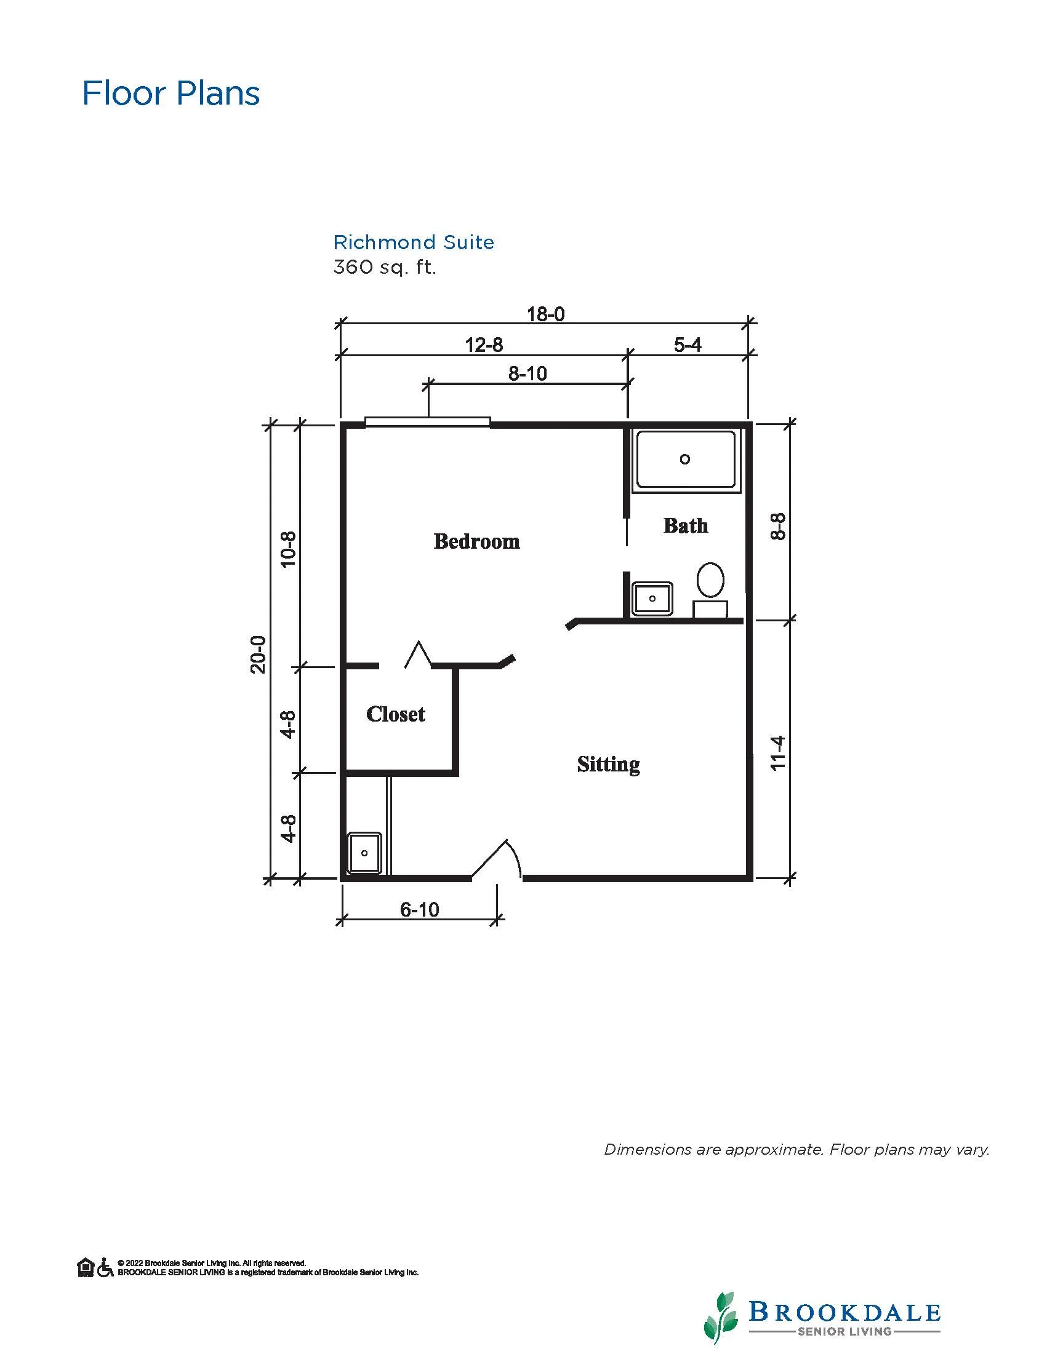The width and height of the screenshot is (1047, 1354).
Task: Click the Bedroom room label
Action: [x=476, y=541]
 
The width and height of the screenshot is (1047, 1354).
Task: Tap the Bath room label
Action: [x=686, y=526]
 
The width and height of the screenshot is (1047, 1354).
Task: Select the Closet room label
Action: [x=396, y=714]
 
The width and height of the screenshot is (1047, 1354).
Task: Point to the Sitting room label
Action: [x=608, y=765]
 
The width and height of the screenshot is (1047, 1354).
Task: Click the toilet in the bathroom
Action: [x=710, y=589]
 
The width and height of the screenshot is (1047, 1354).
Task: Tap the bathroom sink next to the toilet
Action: [x=652, y=599]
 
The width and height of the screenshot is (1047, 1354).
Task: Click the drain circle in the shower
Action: [x=685, y=460]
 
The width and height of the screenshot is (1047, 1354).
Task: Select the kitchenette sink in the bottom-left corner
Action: [x=364, y=853]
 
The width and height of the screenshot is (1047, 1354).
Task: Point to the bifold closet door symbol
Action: [x=418, y=654]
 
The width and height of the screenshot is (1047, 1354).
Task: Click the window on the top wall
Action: [x=427, y=422]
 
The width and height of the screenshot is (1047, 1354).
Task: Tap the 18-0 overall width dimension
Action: [x=546, y=314]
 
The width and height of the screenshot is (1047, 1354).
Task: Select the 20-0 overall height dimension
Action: [x=258, y=654]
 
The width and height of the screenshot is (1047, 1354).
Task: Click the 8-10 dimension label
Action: [x=528, y=373]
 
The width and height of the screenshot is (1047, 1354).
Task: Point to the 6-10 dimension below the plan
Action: [x=419, y=909]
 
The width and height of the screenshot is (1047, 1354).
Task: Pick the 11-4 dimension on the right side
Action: [x=778, y=752]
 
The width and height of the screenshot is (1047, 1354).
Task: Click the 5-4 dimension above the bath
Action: [x=688, y=344]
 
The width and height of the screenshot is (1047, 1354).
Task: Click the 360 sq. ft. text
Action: [x=385, y=267]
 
